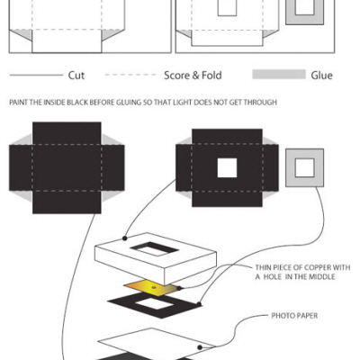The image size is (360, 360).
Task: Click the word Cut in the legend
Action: point(76,76)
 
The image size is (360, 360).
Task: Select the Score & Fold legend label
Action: point(193,76)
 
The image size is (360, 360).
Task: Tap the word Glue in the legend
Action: point(321,76)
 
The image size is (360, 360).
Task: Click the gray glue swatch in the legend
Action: point(279,75)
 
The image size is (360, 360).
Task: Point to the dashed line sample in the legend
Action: point(130,75)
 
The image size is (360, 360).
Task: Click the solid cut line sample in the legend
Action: point(36,75)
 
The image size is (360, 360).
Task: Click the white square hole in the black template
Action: point(227,168)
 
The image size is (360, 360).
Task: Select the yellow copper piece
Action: point(151,288)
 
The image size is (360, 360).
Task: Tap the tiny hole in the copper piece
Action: point(154,287)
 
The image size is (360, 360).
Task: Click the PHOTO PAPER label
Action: point(294,316)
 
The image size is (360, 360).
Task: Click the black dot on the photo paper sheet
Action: point(200,347)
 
